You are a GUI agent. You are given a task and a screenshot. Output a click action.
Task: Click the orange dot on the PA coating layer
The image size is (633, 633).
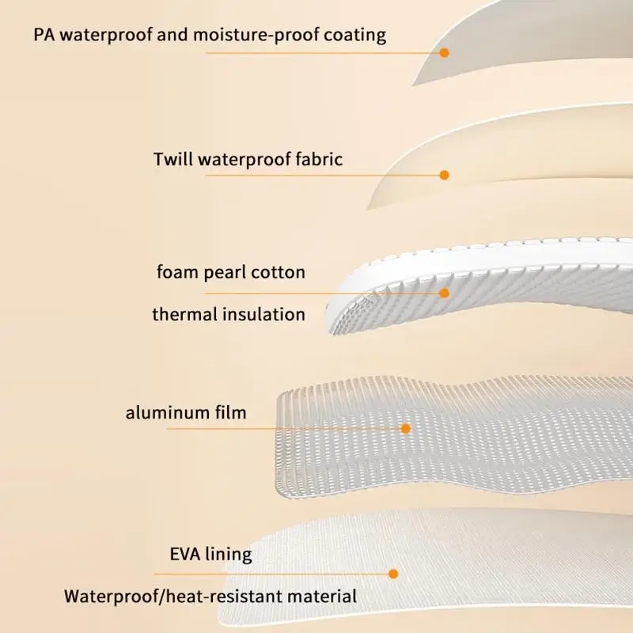pyautogui.click(x=445, y=52)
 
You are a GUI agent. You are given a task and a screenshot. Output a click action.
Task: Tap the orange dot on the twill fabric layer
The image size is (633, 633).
pyautogui.click(x=445, y=175)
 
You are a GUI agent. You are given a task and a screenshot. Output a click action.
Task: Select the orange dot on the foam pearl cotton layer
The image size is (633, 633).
pyautogui.click(x=445, y=293)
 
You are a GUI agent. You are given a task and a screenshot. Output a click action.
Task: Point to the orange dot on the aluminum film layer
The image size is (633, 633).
pyautogui.click(x=406, y=428)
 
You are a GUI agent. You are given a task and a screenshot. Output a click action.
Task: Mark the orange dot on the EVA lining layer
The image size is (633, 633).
pyautogui.click(x=393, y=574)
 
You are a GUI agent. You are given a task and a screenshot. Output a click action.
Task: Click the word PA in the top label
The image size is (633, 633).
pyautogui.click(x=44, y=35)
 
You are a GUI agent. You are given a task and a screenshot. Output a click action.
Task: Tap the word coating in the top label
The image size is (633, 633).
pyautogui.click(x=354, y=36)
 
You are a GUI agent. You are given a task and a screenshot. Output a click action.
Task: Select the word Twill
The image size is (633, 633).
pyautogui.click(x=173, y=159)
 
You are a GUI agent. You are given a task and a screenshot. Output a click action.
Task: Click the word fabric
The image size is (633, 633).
pyautogui.click(x=319, y=159)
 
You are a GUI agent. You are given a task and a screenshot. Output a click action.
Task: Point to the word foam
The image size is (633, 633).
pyautogui.click(x=177, y=271)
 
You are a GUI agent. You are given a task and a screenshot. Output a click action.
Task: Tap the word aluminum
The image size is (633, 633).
pyautogui.click(x=166, y=413)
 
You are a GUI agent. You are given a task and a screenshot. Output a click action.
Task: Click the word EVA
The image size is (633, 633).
pyautogui.click(x=185, y=554)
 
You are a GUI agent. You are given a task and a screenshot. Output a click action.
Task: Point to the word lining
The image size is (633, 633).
pyautogui.click(x=229, y=555)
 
